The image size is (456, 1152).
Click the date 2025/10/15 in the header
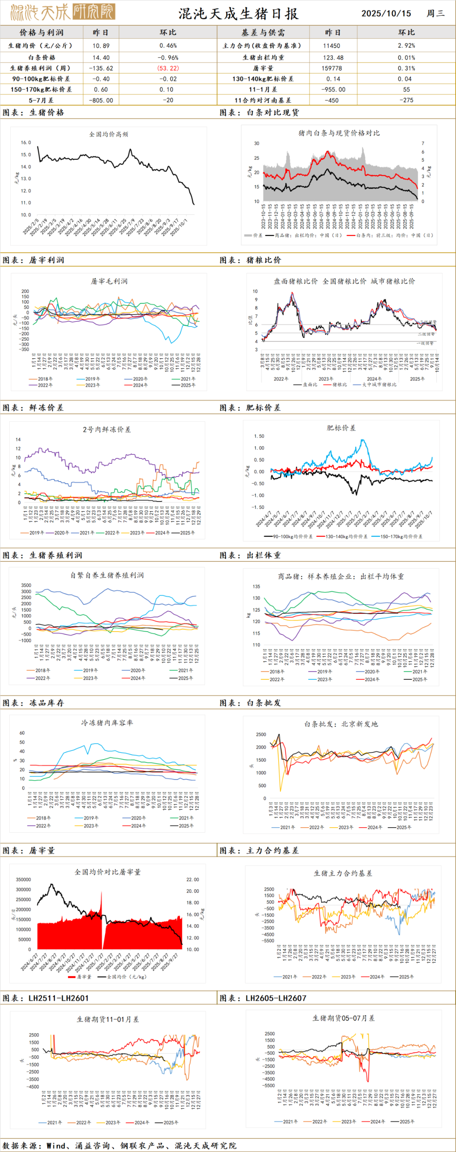(x=386, y=13)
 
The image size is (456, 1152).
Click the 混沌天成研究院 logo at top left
(x=62, y=12)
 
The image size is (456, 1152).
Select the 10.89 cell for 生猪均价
(x=101, y=46)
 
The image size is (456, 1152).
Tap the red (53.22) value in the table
(x=168, y=68)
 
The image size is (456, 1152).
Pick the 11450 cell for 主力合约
(x=331, y=46)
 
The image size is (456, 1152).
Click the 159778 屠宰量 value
(x=331, y=68)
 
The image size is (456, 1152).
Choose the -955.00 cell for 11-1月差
(x=333, y=90)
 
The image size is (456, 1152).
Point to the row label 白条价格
(x=41, y=57)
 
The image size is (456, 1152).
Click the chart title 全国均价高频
(x=109, y=134)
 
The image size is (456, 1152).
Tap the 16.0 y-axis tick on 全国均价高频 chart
(x=26, y=143)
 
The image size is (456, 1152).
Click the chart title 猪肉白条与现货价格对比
(x=339, y=133)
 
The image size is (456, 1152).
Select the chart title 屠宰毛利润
(x=109, y=281)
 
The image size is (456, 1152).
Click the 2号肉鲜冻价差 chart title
(x=106, y=429)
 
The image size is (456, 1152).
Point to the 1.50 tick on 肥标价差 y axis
(x=259, y=436)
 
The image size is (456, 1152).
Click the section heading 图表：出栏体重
(x=250, y=555)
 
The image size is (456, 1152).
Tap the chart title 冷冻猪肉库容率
(x=107, y=723)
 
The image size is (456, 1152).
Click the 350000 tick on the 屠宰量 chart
(x=23, y=880)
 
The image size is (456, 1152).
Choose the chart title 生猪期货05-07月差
(x=343, y=1018)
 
